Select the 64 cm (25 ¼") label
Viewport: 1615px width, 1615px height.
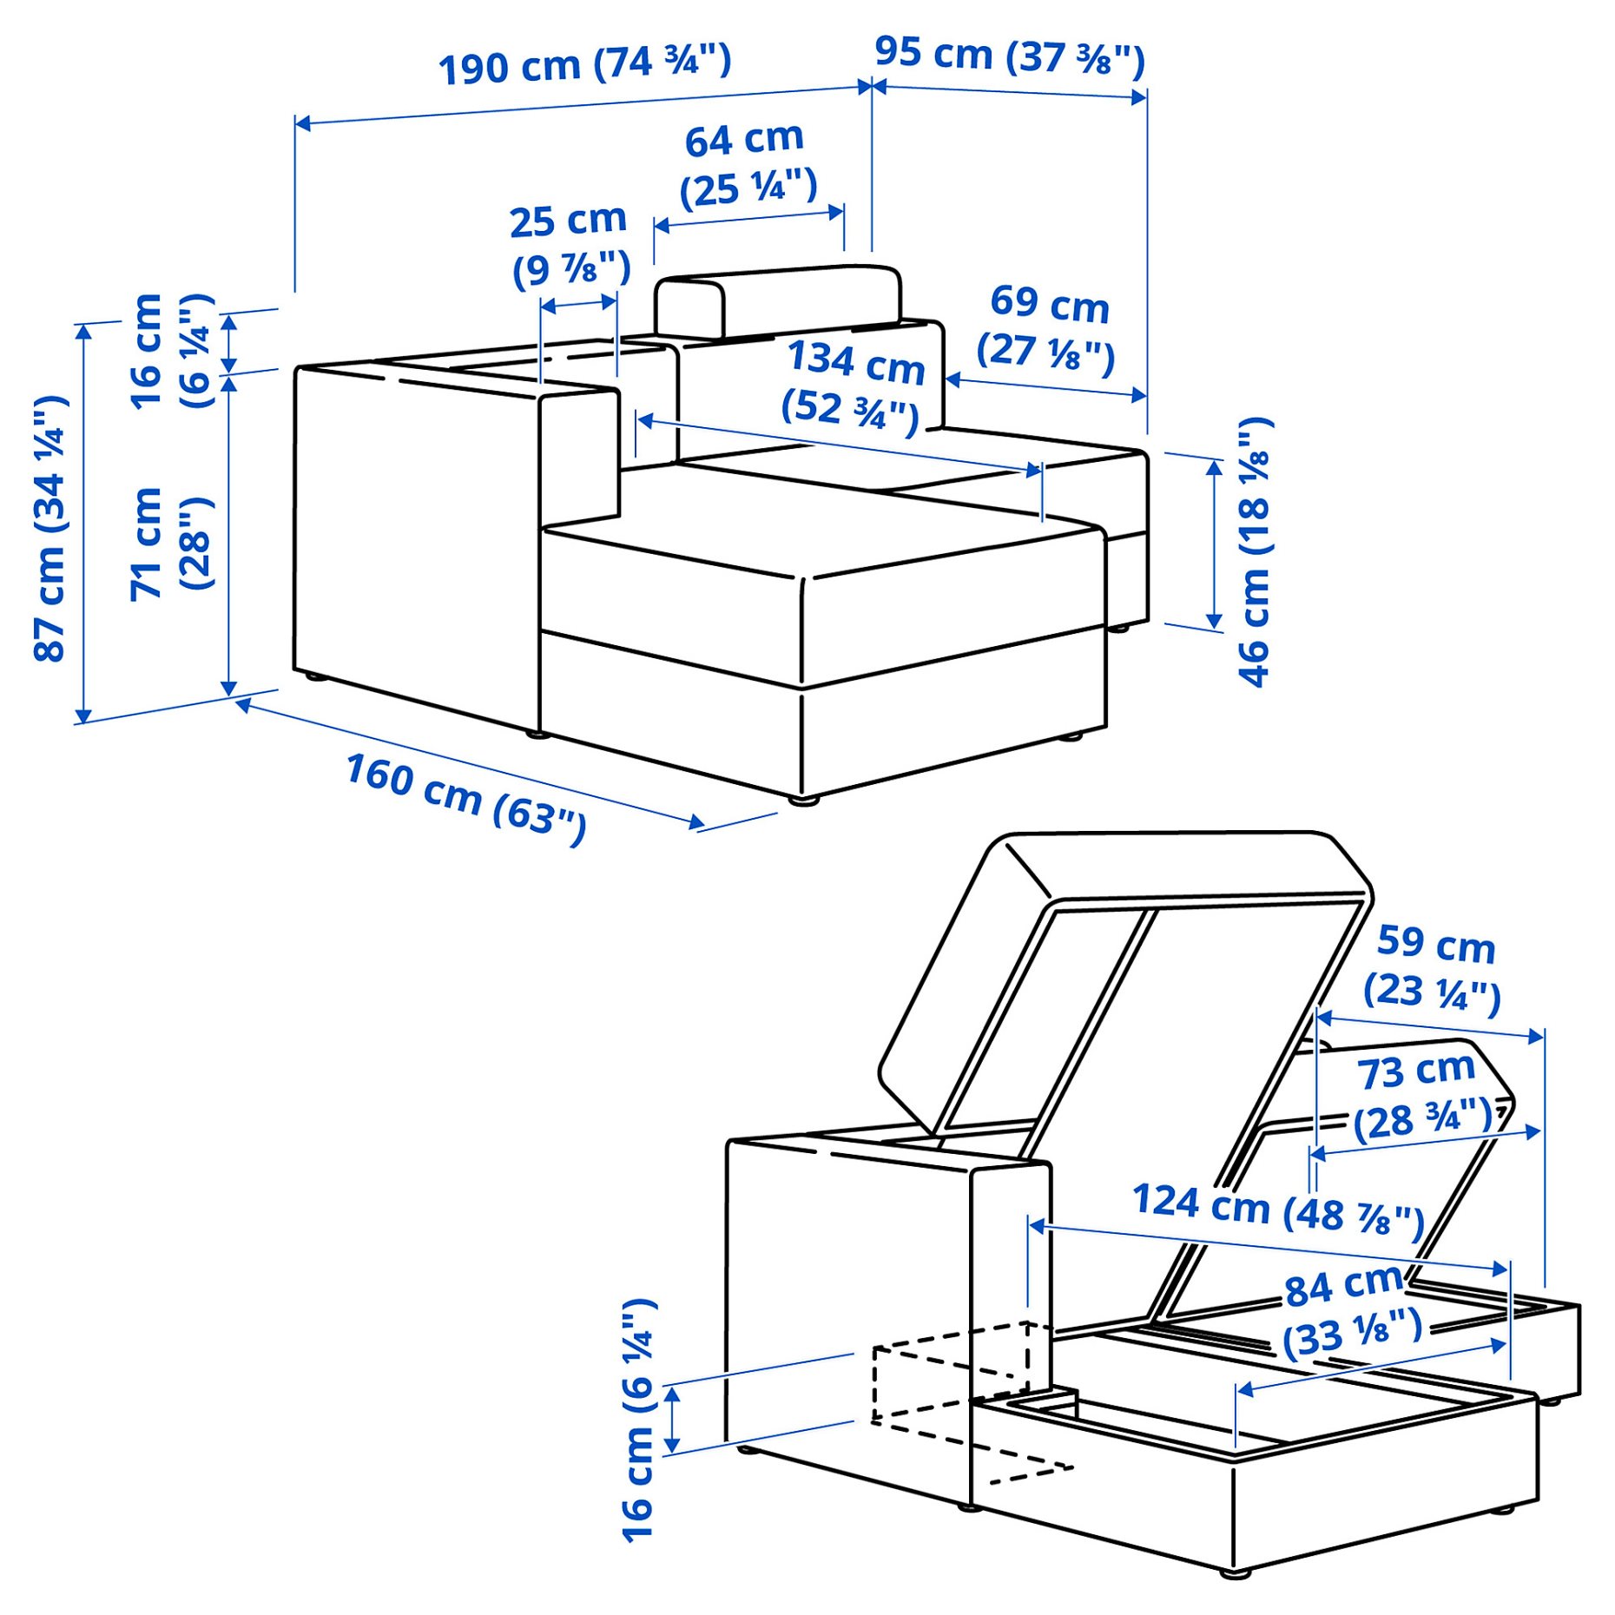click(x=747, y=165)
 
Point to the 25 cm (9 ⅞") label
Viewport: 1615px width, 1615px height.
click(x=570, y=246)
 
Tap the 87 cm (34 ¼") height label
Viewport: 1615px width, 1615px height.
click(x=50, y=528)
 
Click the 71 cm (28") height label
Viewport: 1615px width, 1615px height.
click(x=171, y=544)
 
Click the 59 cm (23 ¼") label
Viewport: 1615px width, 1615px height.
click(x=1433, y=968)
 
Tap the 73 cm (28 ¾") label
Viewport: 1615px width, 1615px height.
click(x=1422, y=1096)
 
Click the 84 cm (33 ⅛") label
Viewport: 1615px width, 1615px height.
click(x=1352, y=1311)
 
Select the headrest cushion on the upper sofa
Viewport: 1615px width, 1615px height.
click(x=778, y=300)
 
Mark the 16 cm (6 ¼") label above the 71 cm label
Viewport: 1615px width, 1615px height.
click(x=171, y=350)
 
